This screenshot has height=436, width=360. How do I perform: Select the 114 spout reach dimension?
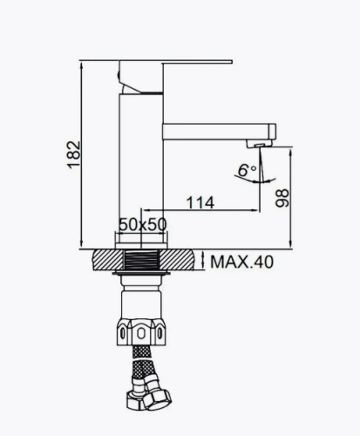click(200, 202)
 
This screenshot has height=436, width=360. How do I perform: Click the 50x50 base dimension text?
click(142, 225)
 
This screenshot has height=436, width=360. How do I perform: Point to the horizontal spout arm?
click(218, 131)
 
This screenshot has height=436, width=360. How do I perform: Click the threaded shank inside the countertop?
click(141, 261)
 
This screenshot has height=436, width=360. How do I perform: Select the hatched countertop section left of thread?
click(108, 261)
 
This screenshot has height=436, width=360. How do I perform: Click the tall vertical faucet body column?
click(141, 157)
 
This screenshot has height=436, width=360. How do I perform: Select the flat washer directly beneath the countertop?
click(141, 277)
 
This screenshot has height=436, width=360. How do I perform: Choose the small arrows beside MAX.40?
click(202, 261)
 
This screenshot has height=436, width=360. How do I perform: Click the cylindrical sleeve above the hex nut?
click(141, 301)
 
